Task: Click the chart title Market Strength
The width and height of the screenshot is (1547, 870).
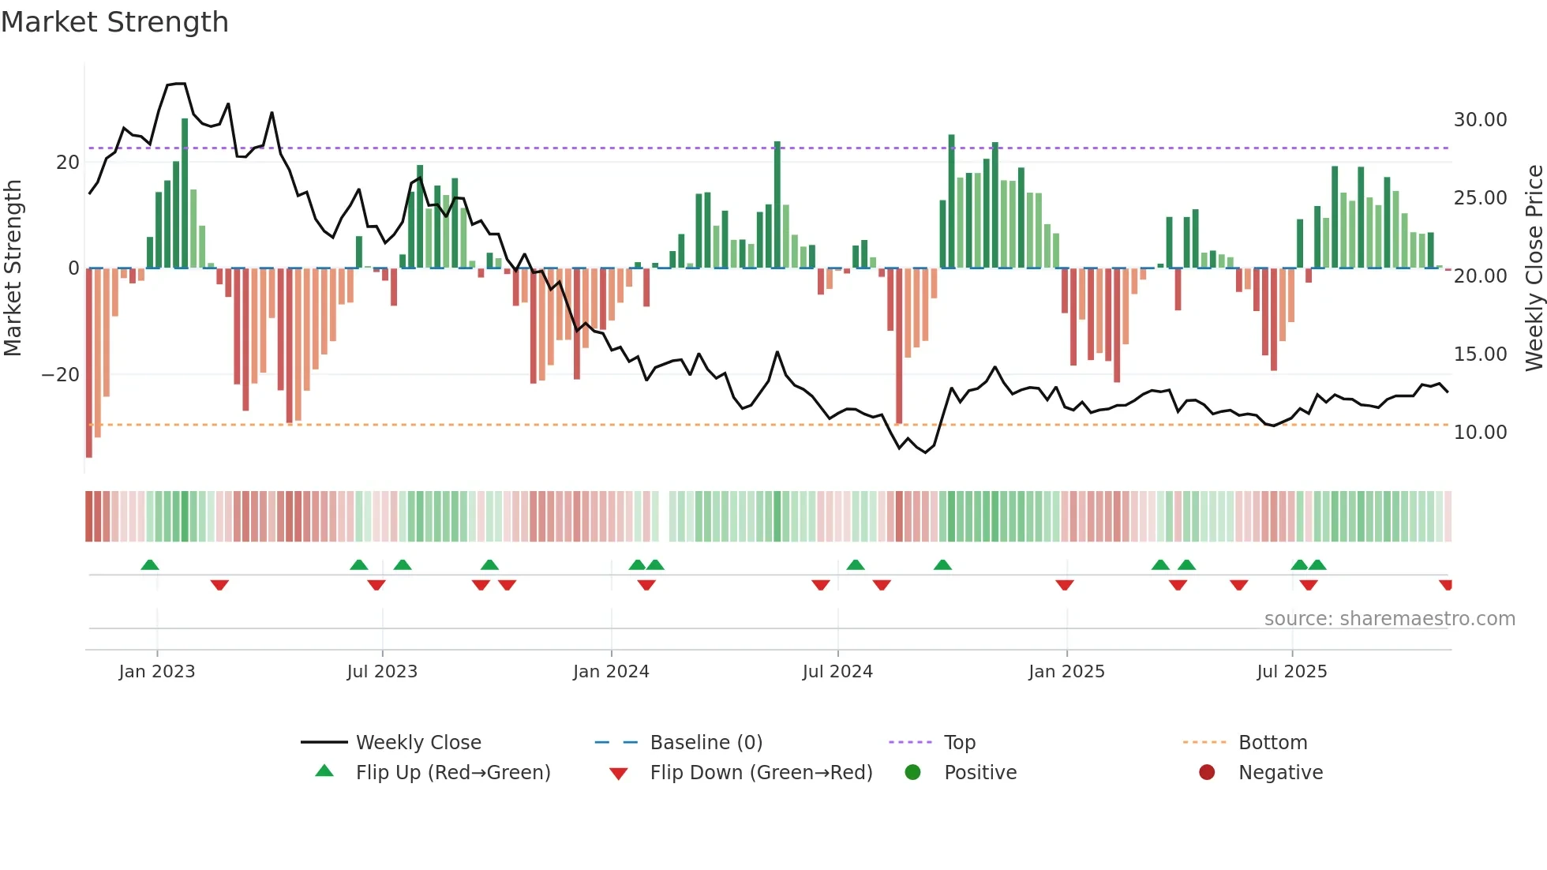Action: [114, 22]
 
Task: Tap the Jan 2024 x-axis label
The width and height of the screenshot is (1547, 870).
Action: [611, 672]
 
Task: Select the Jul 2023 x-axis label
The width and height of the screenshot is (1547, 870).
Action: [382, 672]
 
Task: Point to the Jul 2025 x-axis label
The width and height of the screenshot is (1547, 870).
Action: [1292, 672]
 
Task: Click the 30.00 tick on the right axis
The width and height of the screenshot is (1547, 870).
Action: [1480, 120]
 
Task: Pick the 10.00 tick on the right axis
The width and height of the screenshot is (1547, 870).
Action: [1480, 433]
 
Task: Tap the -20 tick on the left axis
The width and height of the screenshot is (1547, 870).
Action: [61, 375]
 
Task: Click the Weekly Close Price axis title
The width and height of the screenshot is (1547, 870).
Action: [1534, 268]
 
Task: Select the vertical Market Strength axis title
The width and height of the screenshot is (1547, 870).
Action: [13, 268]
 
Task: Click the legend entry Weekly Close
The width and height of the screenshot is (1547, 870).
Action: [418, 743]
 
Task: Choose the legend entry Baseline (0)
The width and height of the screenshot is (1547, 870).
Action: [706, 743]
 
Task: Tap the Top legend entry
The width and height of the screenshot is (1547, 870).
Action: [960, 743]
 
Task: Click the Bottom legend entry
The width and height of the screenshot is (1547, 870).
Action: [1272, 743]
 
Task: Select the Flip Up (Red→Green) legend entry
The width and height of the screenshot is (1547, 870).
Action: [453, 773]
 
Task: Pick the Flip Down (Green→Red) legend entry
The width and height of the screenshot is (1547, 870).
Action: [761, 773]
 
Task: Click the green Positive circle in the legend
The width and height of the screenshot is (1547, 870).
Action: [913, 773]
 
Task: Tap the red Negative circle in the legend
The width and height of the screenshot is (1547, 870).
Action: [1207, 773]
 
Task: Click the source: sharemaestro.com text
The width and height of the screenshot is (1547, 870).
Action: [1389, 619]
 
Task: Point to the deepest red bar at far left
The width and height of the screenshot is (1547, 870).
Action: [89, 363]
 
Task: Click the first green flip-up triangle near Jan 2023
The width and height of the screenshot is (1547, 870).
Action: [150, 564]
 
